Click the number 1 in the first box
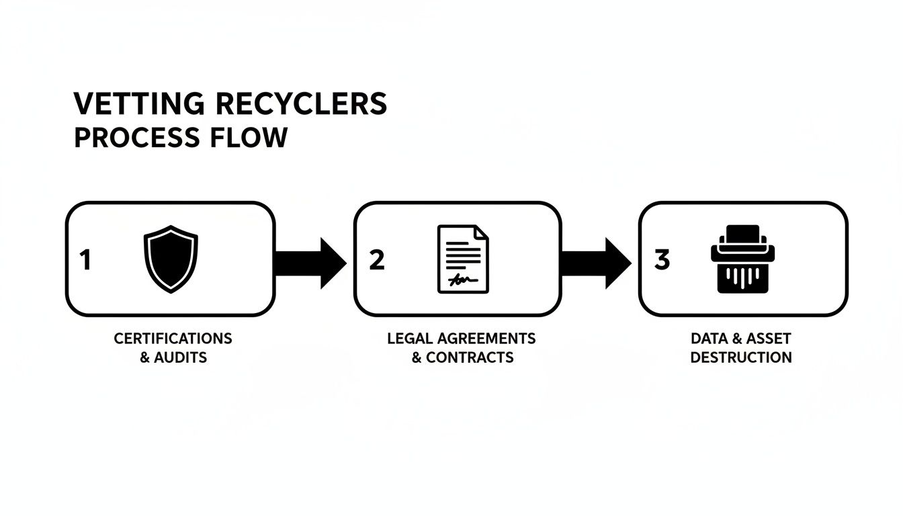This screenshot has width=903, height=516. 85,260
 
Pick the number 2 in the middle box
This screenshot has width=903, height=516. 377,260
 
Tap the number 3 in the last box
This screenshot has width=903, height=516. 662,260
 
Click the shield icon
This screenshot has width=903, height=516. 171,259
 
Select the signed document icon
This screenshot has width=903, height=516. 463,259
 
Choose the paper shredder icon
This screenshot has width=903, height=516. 742,259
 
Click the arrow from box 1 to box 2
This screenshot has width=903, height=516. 310,263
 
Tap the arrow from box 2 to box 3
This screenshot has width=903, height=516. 595,263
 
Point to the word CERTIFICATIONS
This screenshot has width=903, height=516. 173,338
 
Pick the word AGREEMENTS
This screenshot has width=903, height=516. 484,338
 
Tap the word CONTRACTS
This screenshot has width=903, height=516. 470,357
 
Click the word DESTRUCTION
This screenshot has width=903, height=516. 741,357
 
